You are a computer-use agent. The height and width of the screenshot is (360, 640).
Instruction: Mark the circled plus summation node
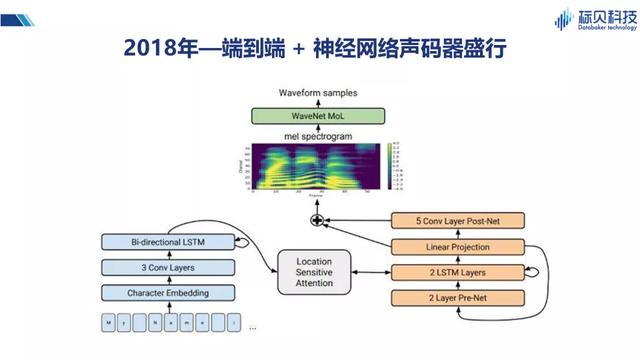318,218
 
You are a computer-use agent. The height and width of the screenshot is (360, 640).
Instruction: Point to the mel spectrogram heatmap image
315,166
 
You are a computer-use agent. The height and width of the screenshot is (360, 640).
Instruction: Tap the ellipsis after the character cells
251,327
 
